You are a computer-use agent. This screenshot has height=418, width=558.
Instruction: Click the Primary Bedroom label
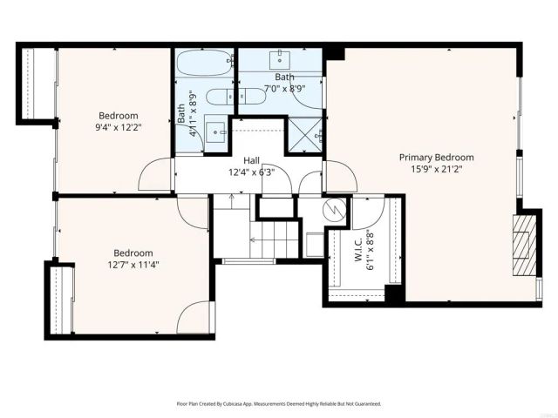pyautogui.click(x=436, y=158)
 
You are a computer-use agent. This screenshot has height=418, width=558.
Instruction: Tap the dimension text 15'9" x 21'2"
pyautogui.click(x=436, y=170)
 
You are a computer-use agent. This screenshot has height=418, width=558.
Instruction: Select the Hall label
pyautogui.click(x=251, y=160)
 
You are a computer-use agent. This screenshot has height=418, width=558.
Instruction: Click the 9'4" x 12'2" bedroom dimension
pyautogui.click(x=118, y=127)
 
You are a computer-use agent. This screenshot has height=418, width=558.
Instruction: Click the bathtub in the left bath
pyautogui.click(x=204, y=64)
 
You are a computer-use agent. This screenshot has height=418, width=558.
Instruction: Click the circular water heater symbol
pyautogui.click(x=331, y=210)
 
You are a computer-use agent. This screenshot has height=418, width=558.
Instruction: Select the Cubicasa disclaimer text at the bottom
pyautogui.click(x=279, y=404)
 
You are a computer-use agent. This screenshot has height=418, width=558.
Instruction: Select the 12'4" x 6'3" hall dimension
pyautogui.click(x=251, y=172)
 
